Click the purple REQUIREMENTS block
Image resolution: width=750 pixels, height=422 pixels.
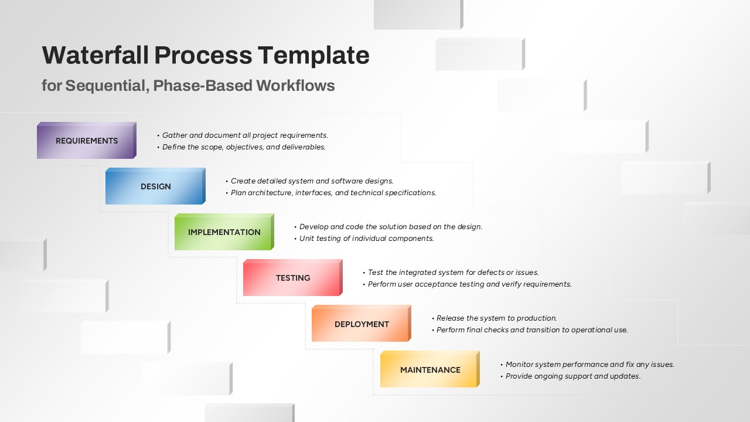point(87,140)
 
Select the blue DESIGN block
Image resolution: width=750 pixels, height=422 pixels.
point(155,186)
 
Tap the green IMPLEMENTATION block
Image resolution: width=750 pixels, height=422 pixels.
point(224,232)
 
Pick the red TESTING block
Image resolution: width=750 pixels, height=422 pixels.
point(293,278)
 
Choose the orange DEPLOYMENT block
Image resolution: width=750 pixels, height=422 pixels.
point(362,324)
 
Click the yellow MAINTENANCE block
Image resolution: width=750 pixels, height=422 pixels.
point(430,369)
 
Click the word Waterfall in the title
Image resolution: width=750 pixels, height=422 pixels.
point(96,55)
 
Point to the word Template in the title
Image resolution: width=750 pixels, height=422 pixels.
point(313,56)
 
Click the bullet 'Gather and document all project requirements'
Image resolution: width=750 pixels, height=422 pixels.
point(243,135)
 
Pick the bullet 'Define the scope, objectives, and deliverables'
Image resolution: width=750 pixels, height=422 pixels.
point(241,147)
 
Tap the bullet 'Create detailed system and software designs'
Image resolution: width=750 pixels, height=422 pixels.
point(310,181)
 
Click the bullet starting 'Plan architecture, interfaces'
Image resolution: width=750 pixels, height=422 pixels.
point(331,193)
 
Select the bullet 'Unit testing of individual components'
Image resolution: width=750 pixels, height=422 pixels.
point(364,239)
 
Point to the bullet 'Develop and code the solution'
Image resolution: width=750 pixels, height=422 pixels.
point(388,227)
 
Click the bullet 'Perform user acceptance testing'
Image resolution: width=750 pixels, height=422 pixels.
point(468,284)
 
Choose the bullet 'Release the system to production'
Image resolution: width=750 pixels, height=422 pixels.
point(495,318)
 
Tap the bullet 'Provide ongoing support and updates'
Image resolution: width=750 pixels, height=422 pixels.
point(571,376)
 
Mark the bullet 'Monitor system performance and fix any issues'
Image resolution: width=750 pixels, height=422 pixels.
point(587,365)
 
